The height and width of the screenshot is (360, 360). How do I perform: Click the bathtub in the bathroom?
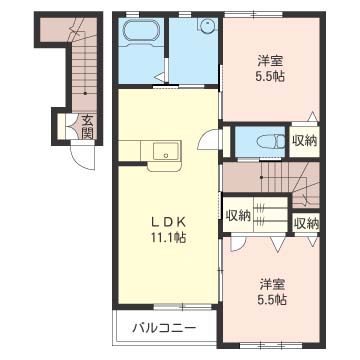pyautogui.click(x=140, y=33)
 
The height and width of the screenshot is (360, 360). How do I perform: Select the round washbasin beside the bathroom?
pyautogui.click(x=208, y=27)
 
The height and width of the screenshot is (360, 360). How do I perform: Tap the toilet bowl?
pyautogui.click(x=263, y=141)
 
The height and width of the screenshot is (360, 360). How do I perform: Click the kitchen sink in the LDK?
pyautogui.click(x=163, y=152)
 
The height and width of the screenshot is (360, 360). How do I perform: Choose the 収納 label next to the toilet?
pyautogui.click(x=304, y=141)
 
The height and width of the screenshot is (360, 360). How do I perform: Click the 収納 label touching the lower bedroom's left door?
pyautogui.click(x=238, y=215)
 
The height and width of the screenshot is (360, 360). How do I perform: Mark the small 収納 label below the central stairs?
pyautogui.click(x=304, y=222)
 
